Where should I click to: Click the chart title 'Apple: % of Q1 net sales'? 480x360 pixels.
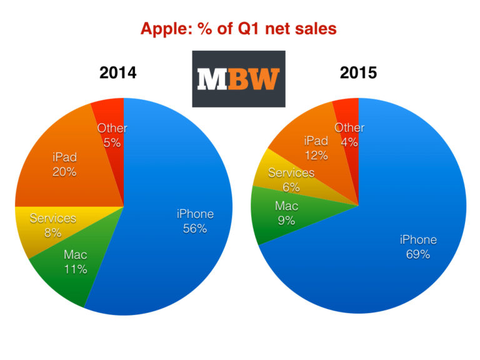tap(239, 28)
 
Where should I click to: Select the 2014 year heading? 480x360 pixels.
tap(117, 72)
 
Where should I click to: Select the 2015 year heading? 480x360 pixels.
tap(358, 72)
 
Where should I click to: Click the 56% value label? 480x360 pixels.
tap(195, 228)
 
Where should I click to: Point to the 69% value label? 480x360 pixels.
tap(418, 254)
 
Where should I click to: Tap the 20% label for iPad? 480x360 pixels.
tap(65, 171)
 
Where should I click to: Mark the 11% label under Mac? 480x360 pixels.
tap(75, 269)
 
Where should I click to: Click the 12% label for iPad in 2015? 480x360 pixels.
tap(316, 155)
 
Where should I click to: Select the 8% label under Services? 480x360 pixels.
tap(52, 233)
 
